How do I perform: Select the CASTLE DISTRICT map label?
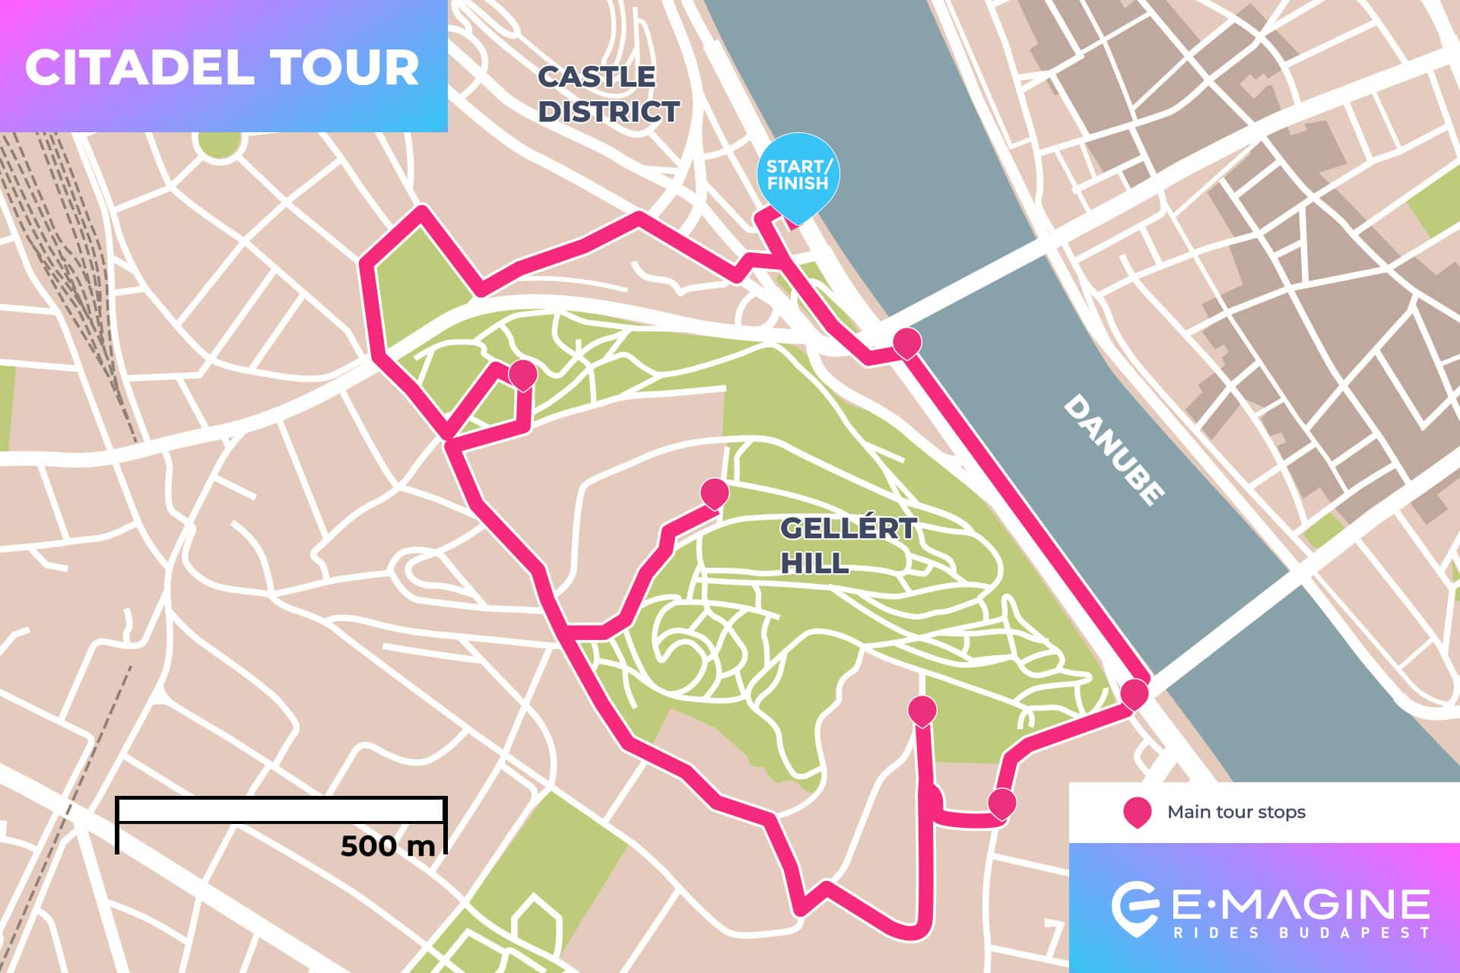coord(608,94)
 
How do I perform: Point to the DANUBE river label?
coord(1113,449)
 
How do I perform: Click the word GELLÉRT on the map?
coord(848,528)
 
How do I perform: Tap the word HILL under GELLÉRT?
coord(814,563)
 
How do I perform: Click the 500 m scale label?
coord(387,845)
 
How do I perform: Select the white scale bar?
coord(281,810)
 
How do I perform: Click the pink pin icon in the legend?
coord(1137,812)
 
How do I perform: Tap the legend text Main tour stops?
coord(1236,812)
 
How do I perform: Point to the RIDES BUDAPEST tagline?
coord(1301,933)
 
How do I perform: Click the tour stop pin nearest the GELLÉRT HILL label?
coord(714,493)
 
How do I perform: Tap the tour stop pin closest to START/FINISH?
coord(906,343)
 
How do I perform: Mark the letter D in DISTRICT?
coord(551,112)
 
